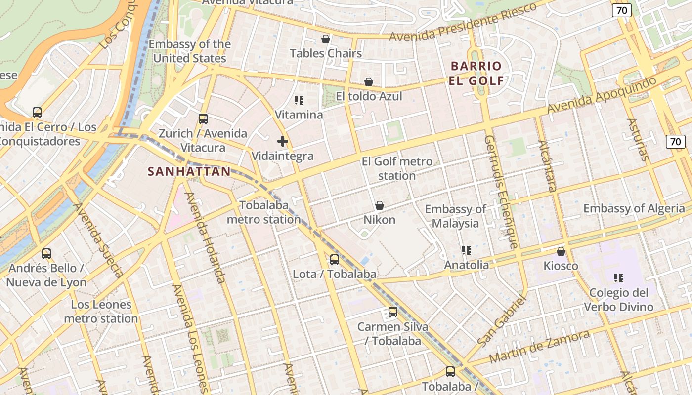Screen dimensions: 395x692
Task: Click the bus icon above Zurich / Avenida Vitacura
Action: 203,119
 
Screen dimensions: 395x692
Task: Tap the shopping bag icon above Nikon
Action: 380,205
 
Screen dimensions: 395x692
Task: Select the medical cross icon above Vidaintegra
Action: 283,142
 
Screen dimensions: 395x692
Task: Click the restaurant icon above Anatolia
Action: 466,251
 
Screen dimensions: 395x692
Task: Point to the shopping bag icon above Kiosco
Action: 561,252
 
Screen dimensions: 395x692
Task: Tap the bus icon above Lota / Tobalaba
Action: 335,260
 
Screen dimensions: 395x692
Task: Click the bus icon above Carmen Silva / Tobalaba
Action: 393,312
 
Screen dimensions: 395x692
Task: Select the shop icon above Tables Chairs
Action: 326,39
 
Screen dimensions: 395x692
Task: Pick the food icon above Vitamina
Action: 299,101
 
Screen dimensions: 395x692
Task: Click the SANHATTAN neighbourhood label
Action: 189,172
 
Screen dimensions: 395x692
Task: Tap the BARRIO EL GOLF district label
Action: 476,73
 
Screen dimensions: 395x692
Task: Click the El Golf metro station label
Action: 397,168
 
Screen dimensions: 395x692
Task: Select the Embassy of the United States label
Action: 190,51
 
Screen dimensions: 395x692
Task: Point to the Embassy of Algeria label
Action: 634,208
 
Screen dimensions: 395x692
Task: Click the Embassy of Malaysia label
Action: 455,216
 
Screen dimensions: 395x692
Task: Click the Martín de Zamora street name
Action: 539,347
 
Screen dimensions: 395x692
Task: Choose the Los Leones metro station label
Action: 101,311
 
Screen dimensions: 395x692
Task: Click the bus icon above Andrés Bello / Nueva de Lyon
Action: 46,254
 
